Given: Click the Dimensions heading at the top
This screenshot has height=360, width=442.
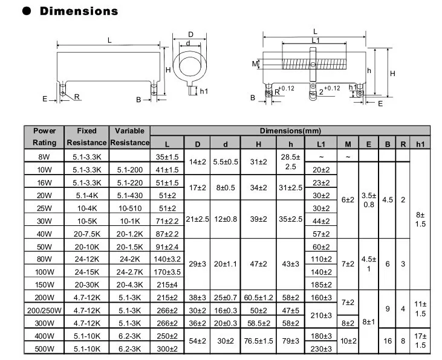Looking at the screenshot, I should pyautogui.click(x=79, y=11).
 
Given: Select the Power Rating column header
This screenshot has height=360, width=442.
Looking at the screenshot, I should pyautogui.click(x=44, y=137).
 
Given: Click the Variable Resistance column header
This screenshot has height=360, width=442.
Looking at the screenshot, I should pyautogui.click(x=129, y=137).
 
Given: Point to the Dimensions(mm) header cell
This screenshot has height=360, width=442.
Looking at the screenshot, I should pyautogui.click(x=290, y=130).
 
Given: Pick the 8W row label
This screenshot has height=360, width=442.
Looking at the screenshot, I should pyautogui.click(x=44, y=156).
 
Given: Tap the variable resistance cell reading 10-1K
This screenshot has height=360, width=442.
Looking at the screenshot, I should pyautogui.click(x=129, y=220).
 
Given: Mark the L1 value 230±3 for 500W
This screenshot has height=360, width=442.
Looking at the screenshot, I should pyautogui.click(x=321, y=349).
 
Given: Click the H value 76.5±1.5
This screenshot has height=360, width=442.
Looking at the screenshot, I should pyautogui.click(x=258, y=342).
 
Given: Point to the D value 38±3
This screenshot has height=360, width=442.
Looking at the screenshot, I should pyautogui.click(x=197, y=297).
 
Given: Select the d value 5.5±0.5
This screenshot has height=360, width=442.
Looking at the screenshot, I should pyautogui.click(x=225, y=162).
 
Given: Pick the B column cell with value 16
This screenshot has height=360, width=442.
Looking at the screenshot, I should pyautogui.click(x=388, y=341).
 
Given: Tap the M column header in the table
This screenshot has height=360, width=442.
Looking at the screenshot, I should pyautogui.click(x=348, y=143).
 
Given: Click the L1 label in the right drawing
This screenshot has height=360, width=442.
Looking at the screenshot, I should pyautogui.click(x=315, y=40).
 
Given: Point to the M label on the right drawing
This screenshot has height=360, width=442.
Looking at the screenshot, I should pyautogui.click(x=254, y=63).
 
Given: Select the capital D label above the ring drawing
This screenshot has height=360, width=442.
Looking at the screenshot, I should pyautogui.click(x=190, y=34).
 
